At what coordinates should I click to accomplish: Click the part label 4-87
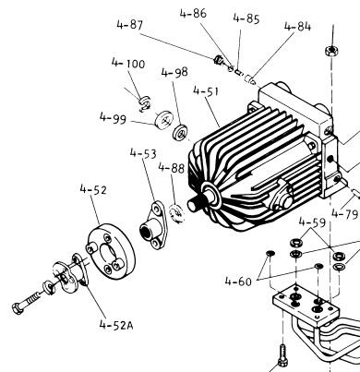pyautogui.click(x=130, y=25)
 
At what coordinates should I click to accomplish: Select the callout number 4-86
pyautogui.click(x=193, y=14)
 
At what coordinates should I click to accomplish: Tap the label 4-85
pyautogui.click(x=246, y=18)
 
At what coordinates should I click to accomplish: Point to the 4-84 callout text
pyautogui.click(x=297, y=27)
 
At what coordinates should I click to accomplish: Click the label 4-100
pyautogui.click(x=128, y=63)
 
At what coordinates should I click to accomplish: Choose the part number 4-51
pyautogui.click(x=206, y=91)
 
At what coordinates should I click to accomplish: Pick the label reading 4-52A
pyautogui.click(x=116, y=325)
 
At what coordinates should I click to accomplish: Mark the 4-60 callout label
pyautogui.click(x=238, y=281)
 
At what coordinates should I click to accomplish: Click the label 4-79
pyautogui.click(x=345, y=213)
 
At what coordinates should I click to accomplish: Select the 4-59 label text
pyautogui.click(x=312, y=222)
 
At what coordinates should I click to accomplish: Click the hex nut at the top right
pyautogui.click(x=331, y=50)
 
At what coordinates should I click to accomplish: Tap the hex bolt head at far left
pyautogui.click(x=18, y=307)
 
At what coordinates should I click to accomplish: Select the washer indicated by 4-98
pyautogui.click(x=181, y=133)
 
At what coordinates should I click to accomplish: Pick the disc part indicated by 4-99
pyautogui.click(x=163, y=119)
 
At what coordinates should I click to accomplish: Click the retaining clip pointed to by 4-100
pyautogui.click(x=144, y=103)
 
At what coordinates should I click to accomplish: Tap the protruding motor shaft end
pyautogui.click(x=195, y=204)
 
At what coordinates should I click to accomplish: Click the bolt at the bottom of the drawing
pyautogui.click(x=282, y=356)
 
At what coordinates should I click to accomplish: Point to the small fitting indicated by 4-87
pyautogui.click(x=218, y=60)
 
